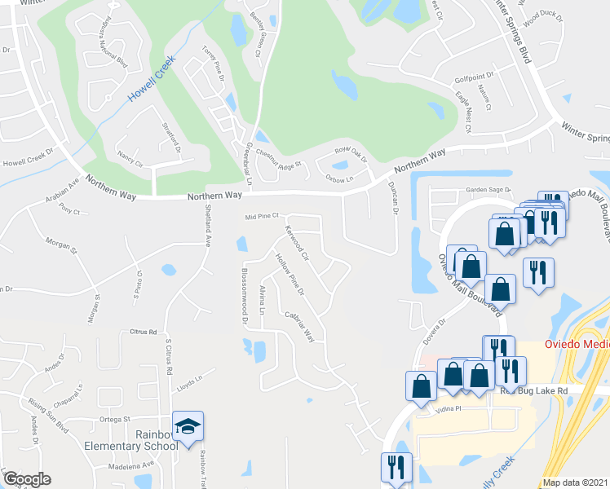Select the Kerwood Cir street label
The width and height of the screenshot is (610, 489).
point(295,244)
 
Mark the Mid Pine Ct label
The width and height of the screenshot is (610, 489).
point(263,217)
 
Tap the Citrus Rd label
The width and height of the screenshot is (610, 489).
point(143,332)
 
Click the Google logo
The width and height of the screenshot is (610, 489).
point(27,480)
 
